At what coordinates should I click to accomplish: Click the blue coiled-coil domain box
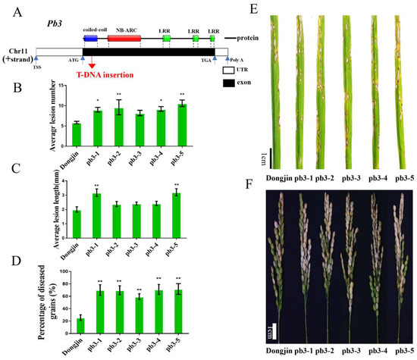pos(90,36)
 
